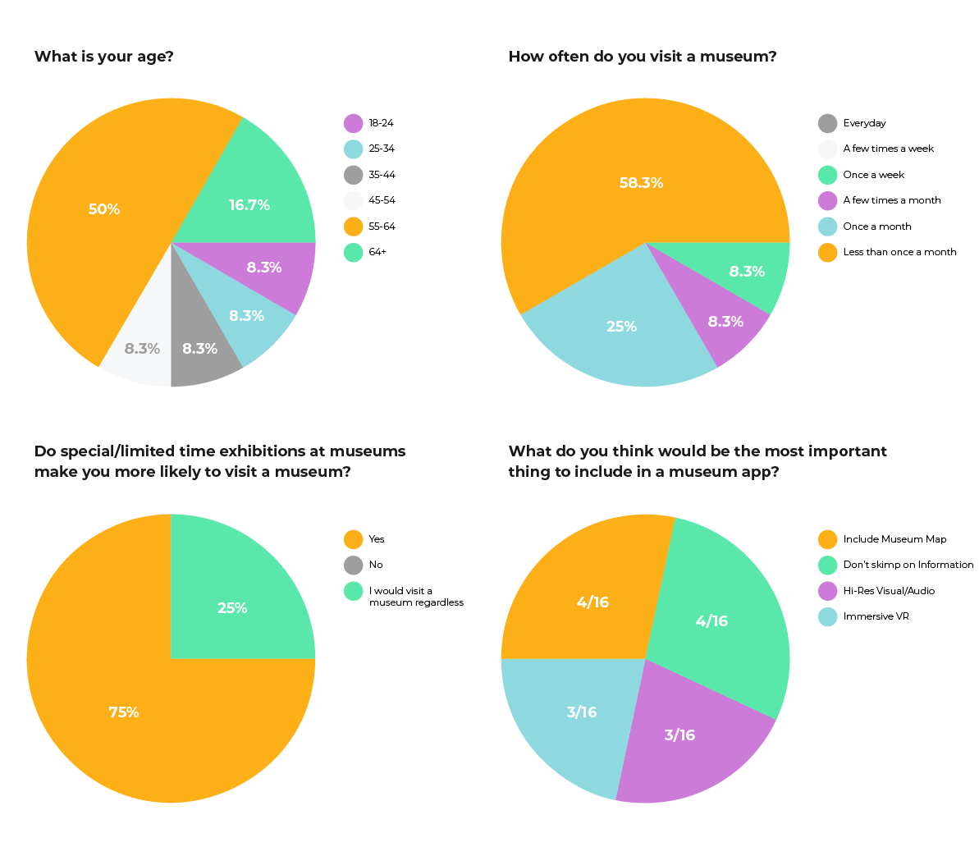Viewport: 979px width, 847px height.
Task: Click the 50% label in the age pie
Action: pyautogui.click(x=104, y=209)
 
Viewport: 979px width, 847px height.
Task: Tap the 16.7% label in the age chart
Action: pyautogui.click(x=249, y=205)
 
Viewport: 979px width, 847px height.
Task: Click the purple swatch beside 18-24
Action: pyautogui.click(x=353, y=123)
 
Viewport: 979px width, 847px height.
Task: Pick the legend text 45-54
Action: pyautogui.click(x=382, y=200)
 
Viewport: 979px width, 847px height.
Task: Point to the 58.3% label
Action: pyautogui.click(x=641, y=183)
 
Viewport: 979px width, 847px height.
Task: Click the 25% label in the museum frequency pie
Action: pyautogui.click(x=621, y=327)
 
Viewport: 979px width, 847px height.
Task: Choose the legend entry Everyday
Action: pyautogui.click(x=864, y=123)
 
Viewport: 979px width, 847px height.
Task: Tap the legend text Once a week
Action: pyautogui.click(x=873, y=175)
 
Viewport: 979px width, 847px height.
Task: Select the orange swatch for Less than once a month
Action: pyautogui.click(x=827, y=252)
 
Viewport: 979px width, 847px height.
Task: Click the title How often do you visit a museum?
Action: pyautogui.click(x=643, y=57)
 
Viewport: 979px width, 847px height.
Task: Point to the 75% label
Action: pyautogui.click(x=124, y=712)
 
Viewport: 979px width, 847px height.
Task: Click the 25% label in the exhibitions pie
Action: pyautogui.click(x=232, y=608)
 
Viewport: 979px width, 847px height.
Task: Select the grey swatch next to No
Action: pyautogui.click(x=353, y=565)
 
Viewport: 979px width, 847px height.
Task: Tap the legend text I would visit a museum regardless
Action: pyautogui.click(x=415, y=597)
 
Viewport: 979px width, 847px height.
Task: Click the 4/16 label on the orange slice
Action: pyautogui.click(x=592, y=602)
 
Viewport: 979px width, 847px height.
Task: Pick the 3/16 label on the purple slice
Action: pyautogui.click(x=679, y=735)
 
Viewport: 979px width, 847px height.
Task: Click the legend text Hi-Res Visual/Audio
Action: pyautogui.click(x=889, y=591)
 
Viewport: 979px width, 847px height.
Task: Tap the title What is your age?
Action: pyautogui.click(x=104, y=57)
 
